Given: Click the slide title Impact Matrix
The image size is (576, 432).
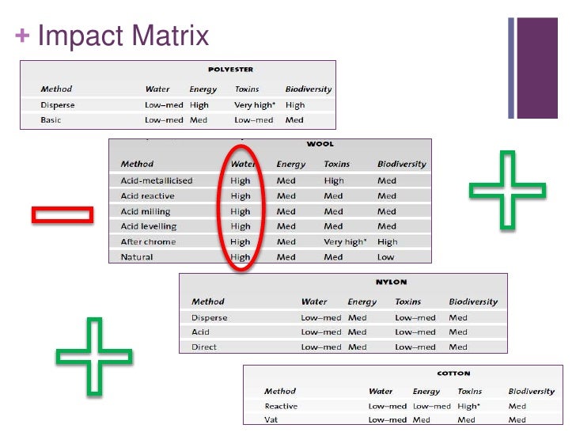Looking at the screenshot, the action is tap(123, 36).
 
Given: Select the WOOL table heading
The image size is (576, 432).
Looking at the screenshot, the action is tap(320, 144).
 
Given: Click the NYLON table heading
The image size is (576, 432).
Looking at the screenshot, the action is tap(390, 282).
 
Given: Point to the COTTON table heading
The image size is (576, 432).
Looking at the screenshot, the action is tap(453, 373).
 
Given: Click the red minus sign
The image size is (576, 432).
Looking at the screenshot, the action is tap(63, 214).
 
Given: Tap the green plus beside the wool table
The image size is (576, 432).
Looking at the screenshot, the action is tap(506, 190).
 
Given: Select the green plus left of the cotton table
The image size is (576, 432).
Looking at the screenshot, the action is tap(94, 356).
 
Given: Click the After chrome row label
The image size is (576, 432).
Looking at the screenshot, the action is tap(148, 242).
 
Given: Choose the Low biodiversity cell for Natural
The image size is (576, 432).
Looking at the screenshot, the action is tap(385, 257).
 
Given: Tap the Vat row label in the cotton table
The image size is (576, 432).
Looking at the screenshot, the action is tap(271, 420).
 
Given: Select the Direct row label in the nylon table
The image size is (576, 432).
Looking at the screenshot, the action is tap(203, 347).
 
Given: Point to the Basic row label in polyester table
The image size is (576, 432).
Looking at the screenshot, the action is tap(51, 120).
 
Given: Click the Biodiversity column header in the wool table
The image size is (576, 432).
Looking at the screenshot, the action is tap(401, 165).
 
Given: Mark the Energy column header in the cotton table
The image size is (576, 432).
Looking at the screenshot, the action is tap(426, 391).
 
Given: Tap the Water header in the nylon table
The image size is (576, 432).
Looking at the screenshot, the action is tap(314, 301).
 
